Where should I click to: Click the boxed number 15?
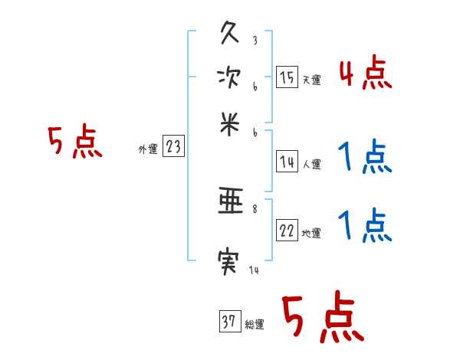[287, 77]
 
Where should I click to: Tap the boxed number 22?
[287, 231]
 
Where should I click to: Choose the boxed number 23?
[173, 146]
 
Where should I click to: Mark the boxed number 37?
[228, 322]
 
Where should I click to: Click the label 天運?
[312, 80]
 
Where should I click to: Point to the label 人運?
[312, 164]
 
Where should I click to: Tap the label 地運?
[312, 234]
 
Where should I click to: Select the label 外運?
[148, 149]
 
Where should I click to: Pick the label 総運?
[255, 325]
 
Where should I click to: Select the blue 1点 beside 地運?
[365, 227]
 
